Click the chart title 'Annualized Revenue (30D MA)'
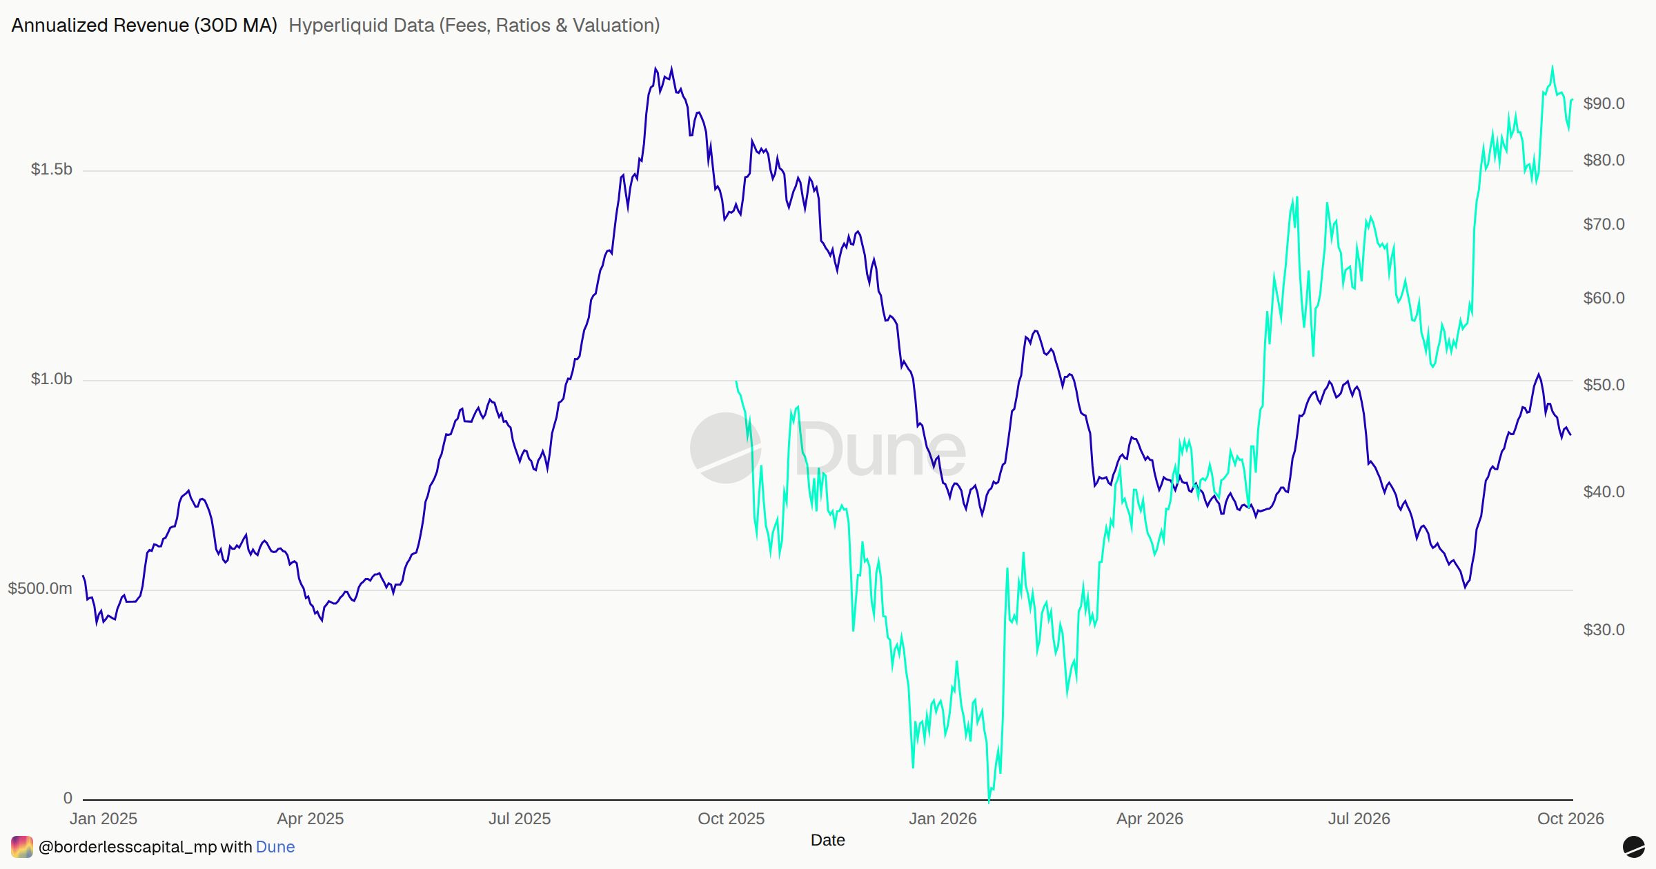click(x=144, y=26)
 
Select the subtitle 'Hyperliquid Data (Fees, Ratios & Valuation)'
click(x=474, y=26)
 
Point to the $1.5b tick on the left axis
click(x=51, y=170)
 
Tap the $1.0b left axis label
click(x=51, y=379)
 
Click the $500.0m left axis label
click(x=40, y=589)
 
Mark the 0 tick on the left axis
click(x=68, y=799)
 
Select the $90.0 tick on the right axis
click(x=1604, y=104)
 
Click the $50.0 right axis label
click(x=1604, y=385)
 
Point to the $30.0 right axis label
click(x=1604, y=630)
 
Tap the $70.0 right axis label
click(x=1604, y=225)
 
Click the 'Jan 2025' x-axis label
click(x=103, y=819)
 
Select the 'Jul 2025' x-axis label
click(x=520, y=819)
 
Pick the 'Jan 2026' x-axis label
click(x=943, y=819)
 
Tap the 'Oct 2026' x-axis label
click(x=1570, y=819)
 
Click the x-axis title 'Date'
click(x=828, y=841)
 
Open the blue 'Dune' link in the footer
click(x=275, y=848)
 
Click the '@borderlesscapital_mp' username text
click(x=128, y=848)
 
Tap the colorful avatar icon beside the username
click(x=22, y=847)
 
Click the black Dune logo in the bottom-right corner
click(x=1633, y=847)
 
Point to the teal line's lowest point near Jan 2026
click(x=989, y=801)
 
